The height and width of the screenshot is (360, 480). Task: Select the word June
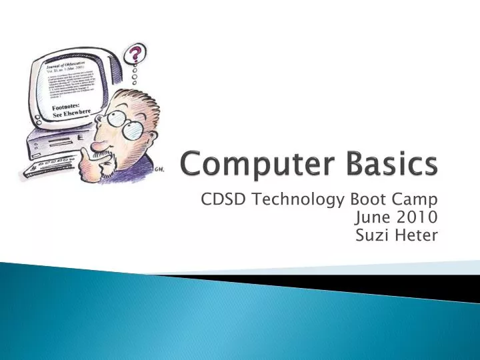click(x=373, y=217)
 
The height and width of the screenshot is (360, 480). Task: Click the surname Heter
click(x=418, y=235)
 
